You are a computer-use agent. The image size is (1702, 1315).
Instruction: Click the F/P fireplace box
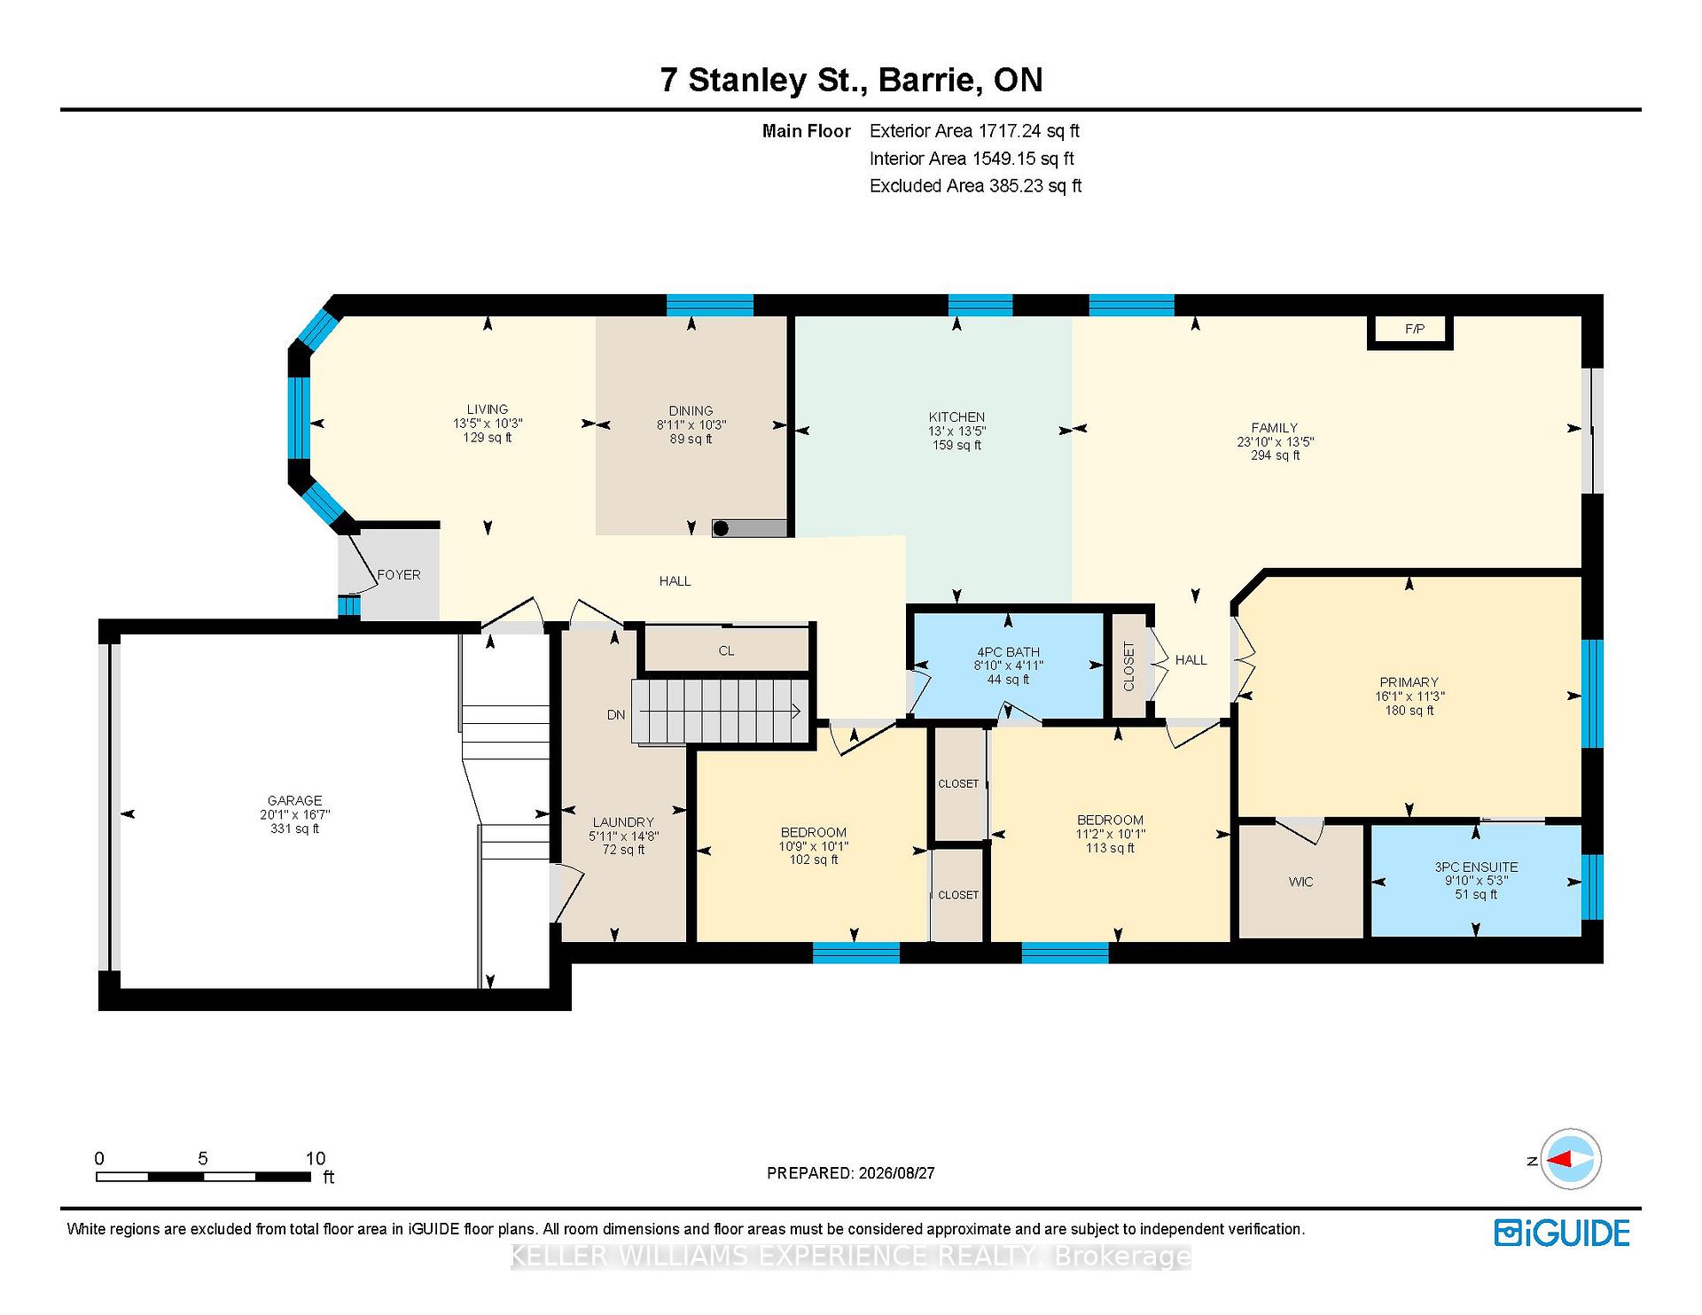[x=1409, y=331]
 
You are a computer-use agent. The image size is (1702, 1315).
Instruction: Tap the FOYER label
[x=399, y=575]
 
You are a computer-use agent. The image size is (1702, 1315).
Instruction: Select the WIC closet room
[x=1300, y=882]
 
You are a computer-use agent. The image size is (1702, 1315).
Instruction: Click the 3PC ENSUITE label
[x=1476, y=868]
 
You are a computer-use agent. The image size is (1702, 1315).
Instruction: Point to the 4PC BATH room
[x=1008, y=665]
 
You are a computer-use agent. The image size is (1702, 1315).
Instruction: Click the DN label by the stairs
[x=616, y=715]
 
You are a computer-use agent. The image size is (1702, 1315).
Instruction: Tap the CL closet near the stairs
[x=726, y=650]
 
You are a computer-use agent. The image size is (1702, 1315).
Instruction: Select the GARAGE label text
[x=295, y=800]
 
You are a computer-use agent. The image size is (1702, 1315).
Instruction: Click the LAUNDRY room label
[x=623, y=822]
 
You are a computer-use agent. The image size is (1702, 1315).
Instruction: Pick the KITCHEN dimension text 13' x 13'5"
[x=956, y=431]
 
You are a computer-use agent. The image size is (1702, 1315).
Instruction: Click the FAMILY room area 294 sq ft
[x=1275, y=455]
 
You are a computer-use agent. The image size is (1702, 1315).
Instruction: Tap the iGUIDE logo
[x=1562, y=1233]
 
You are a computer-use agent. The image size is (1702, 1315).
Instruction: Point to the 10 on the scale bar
[x=316, y=1158]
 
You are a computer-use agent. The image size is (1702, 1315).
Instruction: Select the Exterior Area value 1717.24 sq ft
[x=1028, y=131]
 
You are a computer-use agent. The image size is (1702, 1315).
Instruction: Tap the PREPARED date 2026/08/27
[x=896, y=1173]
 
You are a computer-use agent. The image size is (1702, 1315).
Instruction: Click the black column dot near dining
[x=722, y=529]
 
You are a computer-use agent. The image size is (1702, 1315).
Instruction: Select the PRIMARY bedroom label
[x=1409, y=682]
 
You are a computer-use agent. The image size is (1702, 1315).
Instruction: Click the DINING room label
[x=691, y=411]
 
